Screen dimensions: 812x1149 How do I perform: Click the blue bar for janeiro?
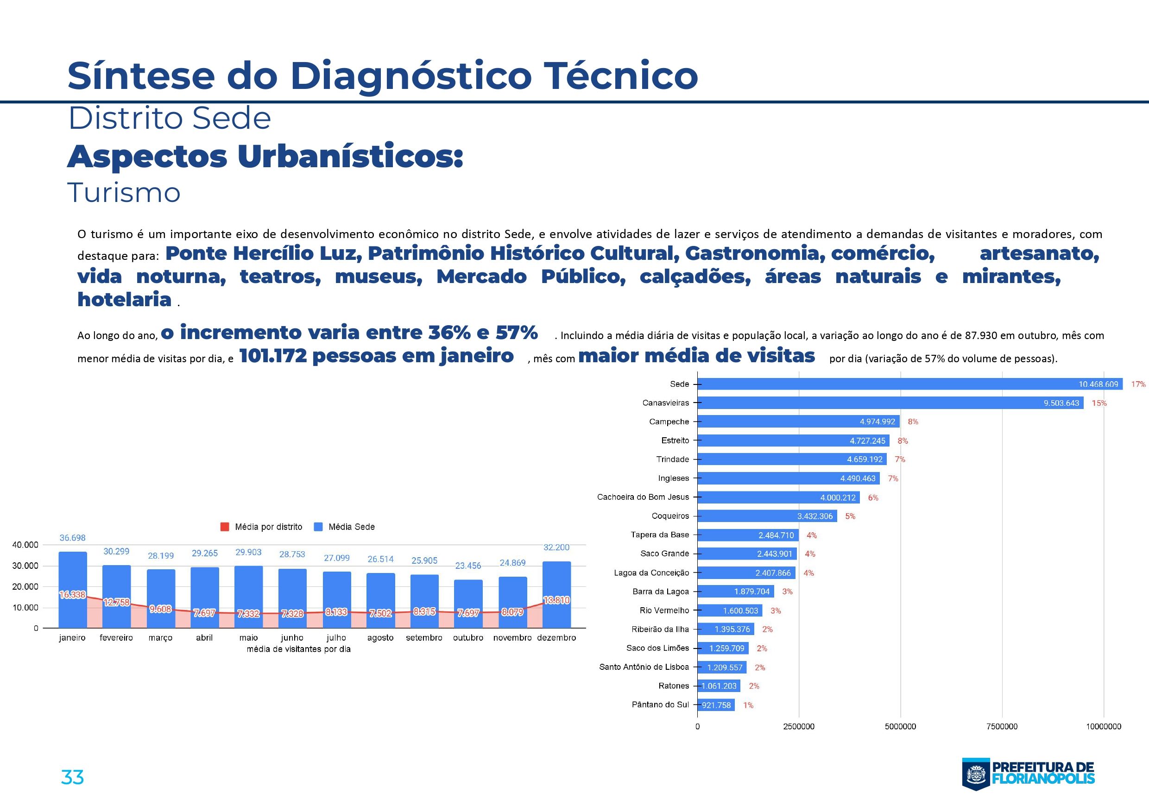[x=73, y=570]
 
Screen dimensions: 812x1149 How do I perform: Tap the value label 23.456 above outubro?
[x=468, y=566]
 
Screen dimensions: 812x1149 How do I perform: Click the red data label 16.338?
[x=73, y=595]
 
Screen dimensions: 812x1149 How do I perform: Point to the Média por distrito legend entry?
[x=262, y=527]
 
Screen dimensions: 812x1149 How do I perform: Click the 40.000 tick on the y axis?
[x=25, y=545]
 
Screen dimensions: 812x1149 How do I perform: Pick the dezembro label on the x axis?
[x=556, y=638]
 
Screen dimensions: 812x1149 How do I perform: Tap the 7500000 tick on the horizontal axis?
[x=1002, y=726]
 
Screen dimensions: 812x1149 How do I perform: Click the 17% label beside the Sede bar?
[x=1138, y=384]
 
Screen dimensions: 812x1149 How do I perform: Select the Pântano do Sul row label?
[x=660, y=705]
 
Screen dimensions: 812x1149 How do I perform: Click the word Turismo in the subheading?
[x=124, y=193]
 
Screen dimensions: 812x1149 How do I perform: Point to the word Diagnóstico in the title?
[x=410, y=76]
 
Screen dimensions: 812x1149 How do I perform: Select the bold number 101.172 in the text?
[x=273, y=356]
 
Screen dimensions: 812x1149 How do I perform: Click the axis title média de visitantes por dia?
[x=298, y=649]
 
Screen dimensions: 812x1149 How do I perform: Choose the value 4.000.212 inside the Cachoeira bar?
[x=838, y=498]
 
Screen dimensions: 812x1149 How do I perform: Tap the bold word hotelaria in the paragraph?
[x=125, y=299]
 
